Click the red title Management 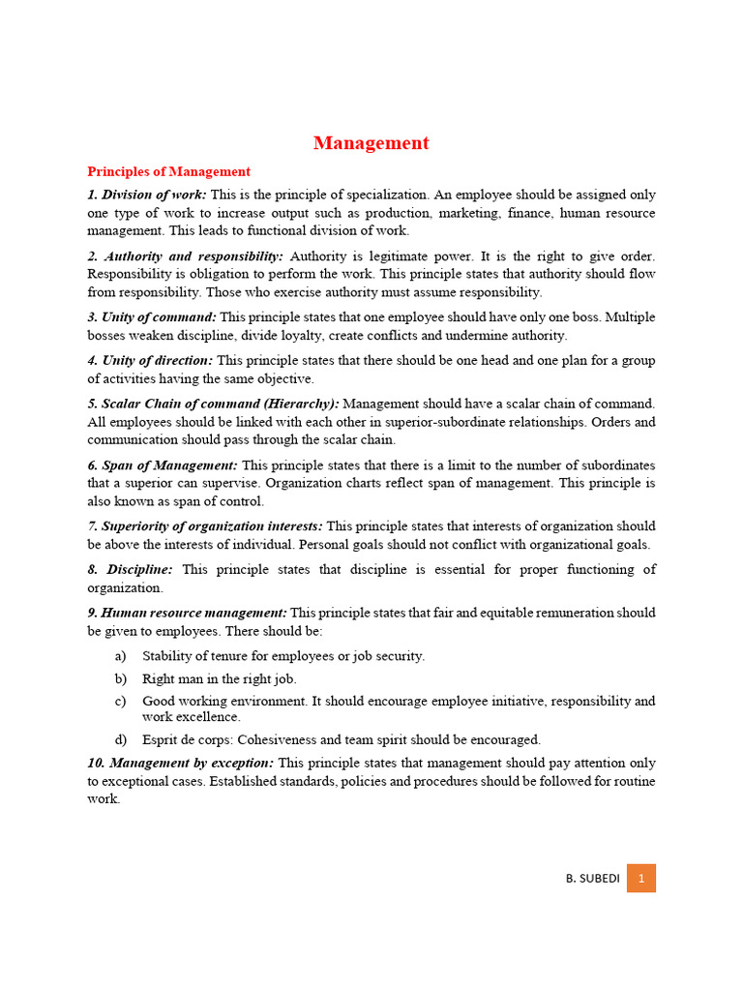(x=371, y=143)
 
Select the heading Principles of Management (x=168, y=171)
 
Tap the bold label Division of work (x=147, y=195)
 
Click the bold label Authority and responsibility (x=186, y=256)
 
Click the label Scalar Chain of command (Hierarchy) (x=213, y=404)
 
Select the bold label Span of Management (x=162, y=465)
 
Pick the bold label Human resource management (x=187, y=613)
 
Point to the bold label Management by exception (x=181, y=763)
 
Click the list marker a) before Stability (x=120, y=656)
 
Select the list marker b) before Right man (x=120, y=679)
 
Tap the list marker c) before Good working (x=120, y=701)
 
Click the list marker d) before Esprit (x=120, y=739)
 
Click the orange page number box (x=640, y=878)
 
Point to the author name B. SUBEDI (x=591, y=879)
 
